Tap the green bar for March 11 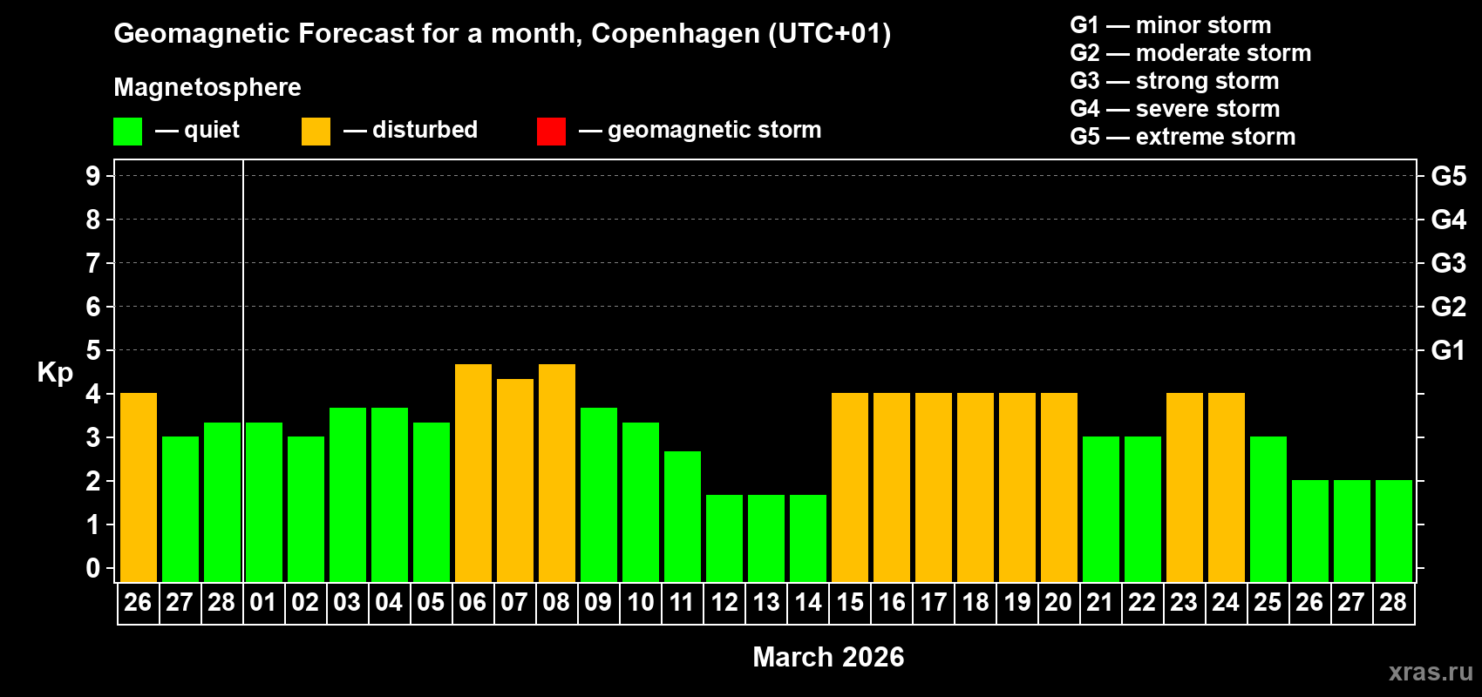click(x=683, y=517)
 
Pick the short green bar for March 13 click(x=766, y=538)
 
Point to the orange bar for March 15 click(x=850, y=488)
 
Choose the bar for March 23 click(x=1185, y=488)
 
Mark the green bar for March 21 click(x=1101, y=510)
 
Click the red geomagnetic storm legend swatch click(x=551, y=132)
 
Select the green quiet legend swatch click(x=128, y=132)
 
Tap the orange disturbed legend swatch click(x=316, y=132)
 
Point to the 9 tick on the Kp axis click(x=93, y=176)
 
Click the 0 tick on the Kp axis click(x=93, y=568)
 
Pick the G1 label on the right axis click(x=1448, y=350)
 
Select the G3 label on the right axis click(x=1448, y=263)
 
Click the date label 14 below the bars click(x=808, y=602)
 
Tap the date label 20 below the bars click(x=1058, y=602)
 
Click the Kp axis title click(x=55, y=373)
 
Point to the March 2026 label click(x=828, y=657)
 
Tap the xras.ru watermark click(x=1431, y=672)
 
